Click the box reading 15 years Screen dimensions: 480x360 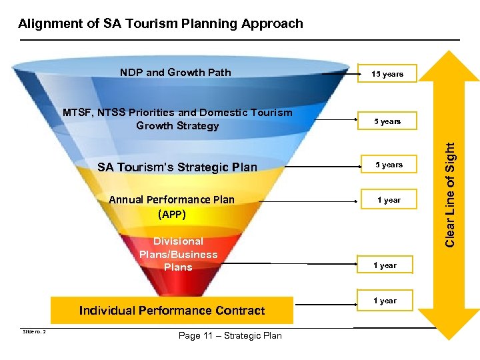click(x=389, y=73)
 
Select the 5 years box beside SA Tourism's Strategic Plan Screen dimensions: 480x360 click(x=389, y=165)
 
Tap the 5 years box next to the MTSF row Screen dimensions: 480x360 click(x=389, y=121)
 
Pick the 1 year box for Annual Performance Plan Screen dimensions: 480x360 click(x=389, y=200)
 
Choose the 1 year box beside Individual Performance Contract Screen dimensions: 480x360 click(x=385, y=301)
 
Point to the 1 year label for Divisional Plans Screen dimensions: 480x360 click(x=385, y=265)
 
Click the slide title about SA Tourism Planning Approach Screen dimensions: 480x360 click(x=161, y=24)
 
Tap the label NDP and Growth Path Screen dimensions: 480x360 click(x=175, y=72)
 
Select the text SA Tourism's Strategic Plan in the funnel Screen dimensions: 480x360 click(x=177, y=167)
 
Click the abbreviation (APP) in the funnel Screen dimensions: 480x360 click(x=172, y=215)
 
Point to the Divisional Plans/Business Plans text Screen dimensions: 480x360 click(x=178, y=254)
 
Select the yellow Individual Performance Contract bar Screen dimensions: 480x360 click(x=172, y=310)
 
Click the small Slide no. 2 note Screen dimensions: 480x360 click(x=33, y=331)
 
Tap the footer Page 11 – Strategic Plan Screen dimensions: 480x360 click(x=230, y=335)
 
